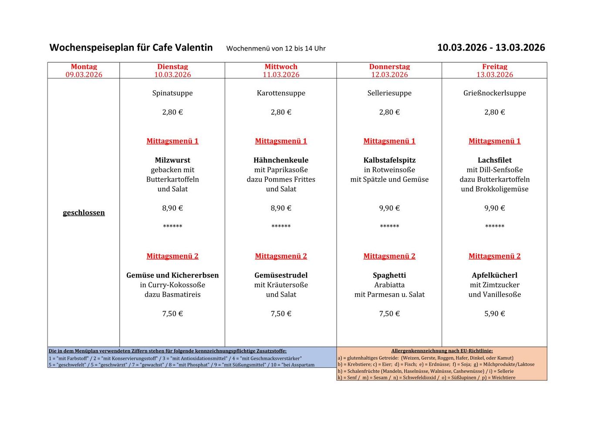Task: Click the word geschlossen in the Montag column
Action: (x=84, y=213)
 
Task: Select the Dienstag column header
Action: (x=172, y=67)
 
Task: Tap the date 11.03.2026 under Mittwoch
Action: (x=281, y=75)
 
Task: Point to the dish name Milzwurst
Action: (x=172, y=160)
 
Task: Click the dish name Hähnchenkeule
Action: (x=281, y=160)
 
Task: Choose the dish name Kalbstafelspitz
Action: (x=389, y=160)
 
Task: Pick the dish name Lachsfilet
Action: (x=494, y=160)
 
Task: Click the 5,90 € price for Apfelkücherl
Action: (x=494, y=313)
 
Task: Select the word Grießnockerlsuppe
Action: (x=494, y=93)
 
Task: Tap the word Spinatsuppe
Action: (x=172, y=93)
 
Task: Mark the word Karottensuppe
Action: (x=281, y=93)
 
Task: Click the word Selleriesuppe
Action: (x=389, y=93)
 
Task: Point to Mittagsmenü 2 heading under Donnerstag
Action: (x=389, y=256)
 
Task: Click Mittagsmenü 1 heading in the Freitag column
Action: (x=494, y=141)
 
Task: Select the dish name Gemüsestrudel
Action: (x=281, y=275)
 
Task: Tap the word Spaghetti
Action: (x=389, y=275)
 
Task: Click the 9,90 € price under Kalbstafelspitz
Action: (x=389, y=208)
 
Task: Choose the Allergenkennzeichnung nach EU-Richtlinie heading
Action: (x=442, y=350)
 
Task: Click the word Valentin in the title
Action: (x=194, y=48)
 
